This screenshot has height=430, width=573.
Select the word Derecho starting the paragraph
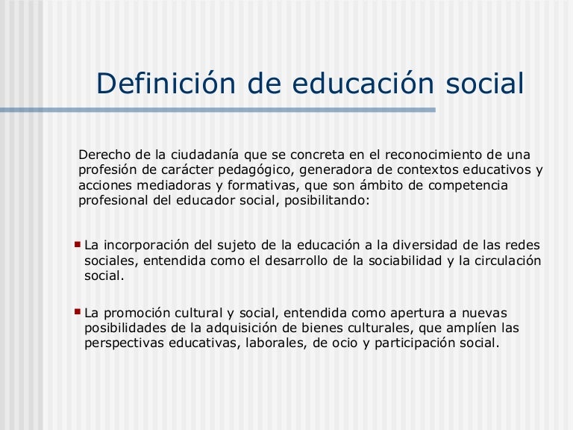tap(101, 155)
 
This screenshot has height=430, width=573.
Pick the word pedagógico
tap(242, 169)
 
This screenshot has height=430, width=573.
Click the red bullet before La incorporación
tap(78, 243)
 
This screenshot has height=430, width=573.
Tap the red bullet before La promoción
tap(78, 312)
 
